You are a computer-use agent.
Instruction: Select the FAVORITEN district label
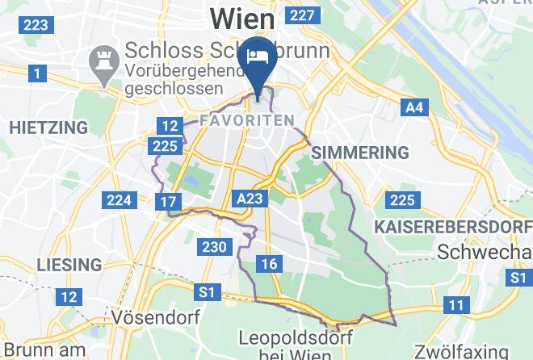246,120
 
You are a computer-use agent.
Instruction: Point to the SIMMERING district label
360,153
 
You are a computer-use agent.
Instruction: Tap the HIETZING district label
48,128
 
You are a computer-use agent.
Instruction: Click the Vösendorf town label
157,317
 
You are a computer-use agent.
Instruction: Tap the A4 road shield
414,107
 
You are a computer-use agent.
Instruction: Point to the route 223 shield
36,25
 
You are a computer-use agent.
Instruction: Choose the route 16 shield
270,264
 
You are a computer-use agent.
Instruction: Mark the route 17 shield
168,202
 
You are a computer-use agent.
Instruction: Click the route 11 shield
456,305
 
